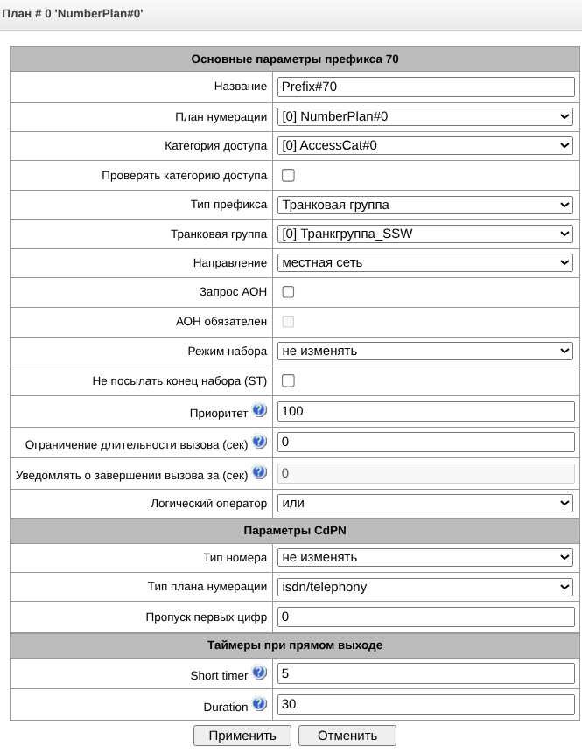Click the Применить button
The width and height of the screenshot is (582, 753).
(242, 736)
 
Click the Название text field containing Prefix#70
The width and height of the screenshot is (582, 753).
(425, 87)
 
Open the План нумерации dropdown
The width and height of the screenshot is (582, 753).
(425, 116)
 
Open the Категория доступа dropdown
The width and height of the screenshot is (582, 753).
(425, 145)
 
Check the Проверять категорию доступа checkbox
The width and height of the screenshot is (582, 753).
(288, 175)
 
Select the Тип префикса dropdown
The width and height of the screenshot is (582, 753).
(425, 205)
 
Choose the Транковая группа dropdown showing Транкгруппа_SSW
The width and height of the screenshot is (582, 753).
(425, 234)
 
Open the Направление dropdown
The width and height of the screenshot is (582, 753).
(425, 262)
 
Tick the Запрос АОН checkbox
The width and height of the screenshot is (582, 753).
(288, 292)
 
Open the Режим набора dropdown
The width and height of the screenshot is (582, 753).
(425, 351)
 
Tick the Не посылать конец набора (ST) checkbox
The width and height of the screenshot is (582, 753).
(288, 380)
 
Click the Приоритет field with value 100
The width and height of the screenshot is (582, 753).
(425, 410)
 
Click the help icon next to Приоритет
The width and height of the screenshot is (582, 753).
(259, 409)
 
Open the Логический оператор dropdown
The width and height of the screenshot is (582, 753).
(425, 503)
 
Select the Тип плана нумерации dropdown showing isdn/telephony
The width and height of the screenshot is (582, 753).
(425, 587)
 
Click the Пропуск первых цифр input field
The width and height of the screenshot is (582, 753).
(425, 617)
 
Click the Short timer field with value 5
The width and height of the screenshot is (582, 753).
(425, 674)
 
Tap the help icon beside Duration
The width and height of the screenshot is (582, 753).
(259, 703)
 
